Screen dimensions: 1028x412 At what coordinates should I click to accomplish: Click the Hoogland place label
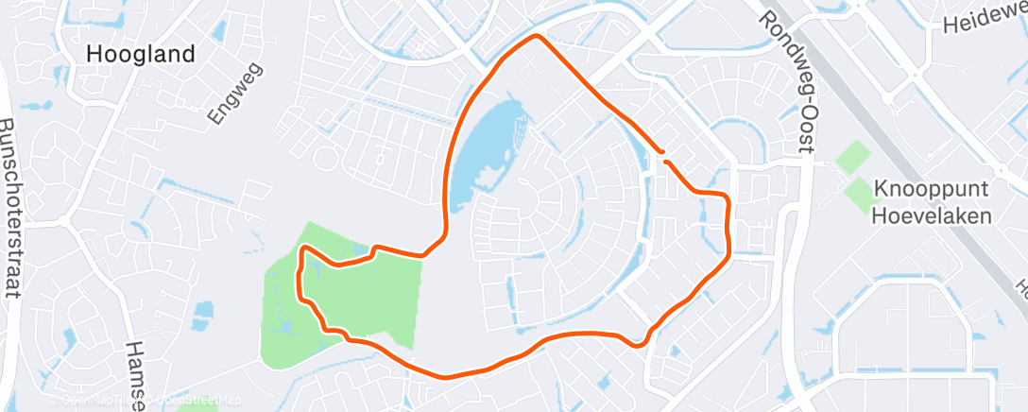coord(140,54)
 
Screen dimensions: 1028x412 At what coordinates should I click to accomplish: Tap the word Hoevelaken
coord(932,215)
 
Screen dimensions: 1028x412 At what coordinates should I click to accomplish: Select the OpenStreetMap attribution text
coord(198,401)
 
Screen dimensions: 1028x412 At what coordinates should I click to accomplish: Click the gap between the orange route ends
coord(664,157)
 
